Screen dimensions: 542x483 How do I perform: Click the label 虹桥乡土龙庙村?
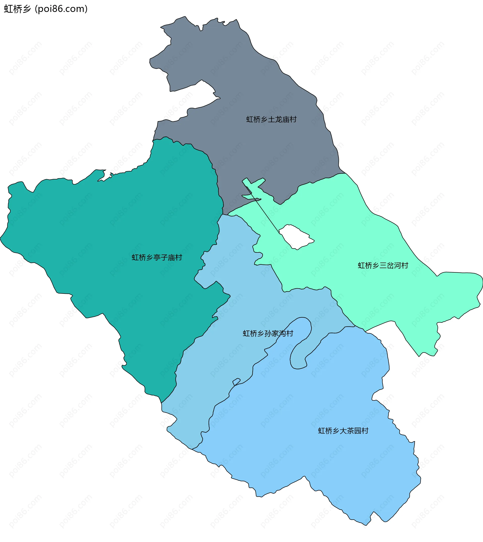[271, 120]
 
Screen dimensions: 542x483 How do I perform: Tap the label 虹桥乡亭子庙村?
[157, 258]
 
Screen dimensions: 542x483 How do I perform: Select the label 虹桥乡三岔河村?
[383, 266]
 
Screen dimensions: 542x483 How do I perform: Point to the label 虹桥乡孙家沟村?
[268, 334]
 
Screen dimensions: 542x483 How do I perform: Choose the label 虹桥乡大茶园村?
[343, 431]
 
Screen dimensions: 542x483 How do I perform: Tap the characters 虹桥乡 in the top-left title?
[17, 9]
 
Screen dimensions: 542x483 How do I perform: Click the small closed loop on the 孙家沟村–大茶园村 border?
[236, 382]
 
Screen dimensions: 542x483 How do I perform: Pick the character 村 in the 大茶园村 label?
[365, 431]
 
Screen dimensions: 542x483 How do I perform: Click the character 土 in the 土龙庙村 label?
[271, 120]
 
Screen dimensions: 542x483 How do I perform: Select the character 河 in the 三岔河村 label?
[397, 266]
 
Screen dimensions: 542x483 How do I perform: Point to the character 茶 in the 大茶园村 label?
[343, 431]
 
